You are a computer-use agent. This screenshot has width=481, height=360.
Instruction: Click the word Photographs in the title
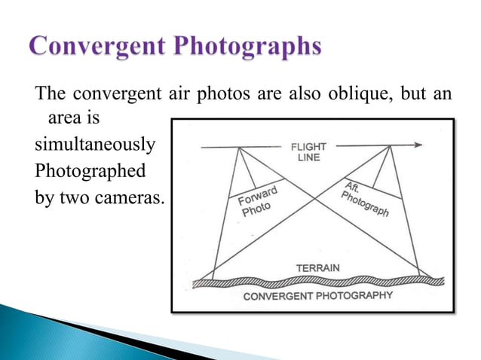coord(253,47)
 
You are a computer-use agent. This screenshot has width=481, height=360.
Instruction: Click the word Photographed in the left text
coord(90,171)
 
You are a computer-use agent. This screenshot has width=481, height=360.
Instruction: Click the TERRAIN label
coord(317,267)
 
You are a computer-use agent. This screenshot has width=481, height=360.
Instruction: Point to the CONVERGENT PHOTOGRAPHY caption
coord(317,295)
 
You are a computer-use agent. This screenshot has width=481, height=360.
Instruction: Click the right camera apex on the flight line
coord(390,148)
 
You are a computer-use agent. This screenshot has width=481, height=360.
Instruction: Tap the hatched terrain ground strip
coord(317,281)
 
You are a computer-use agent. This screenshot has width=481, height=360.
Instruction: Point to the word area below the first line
coord(64,118)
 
